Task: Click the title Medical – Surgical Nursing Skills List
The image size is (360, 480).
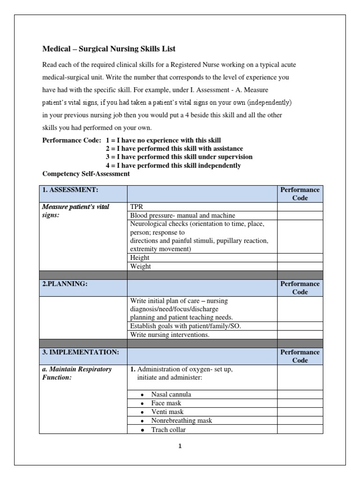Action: click(109, 49)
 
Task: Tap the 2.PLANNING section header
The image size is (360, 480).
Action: click(65, 284)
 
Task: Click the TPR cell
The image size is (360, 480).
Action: click(137, 207)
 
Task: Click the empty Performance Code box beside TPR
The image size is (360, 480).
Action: click(300, 207)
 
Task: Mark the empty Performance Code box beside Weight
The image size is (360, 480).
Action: click(300, 266)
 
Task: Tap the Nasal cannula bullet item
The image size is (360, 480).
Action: click(171, 394)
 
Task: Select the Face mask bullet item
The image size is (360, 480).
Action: click(166, 403)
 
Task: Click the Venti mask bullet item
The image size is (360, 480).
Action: click(167, 412)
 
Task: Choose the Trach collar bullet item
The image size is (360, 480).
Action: click(168, 429)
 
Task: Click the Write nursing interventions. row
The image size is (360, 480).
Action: click(170, 335)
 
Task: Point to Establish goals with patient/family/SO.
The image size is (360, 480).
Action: click(185, 326)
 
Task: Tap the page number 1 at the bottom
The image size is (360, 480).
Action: click(180, 446)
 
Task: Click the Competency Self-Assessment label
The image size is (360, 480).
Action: click(86, 174)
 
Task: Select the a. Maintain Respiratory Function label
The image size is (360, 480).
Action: click(77, 373)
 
